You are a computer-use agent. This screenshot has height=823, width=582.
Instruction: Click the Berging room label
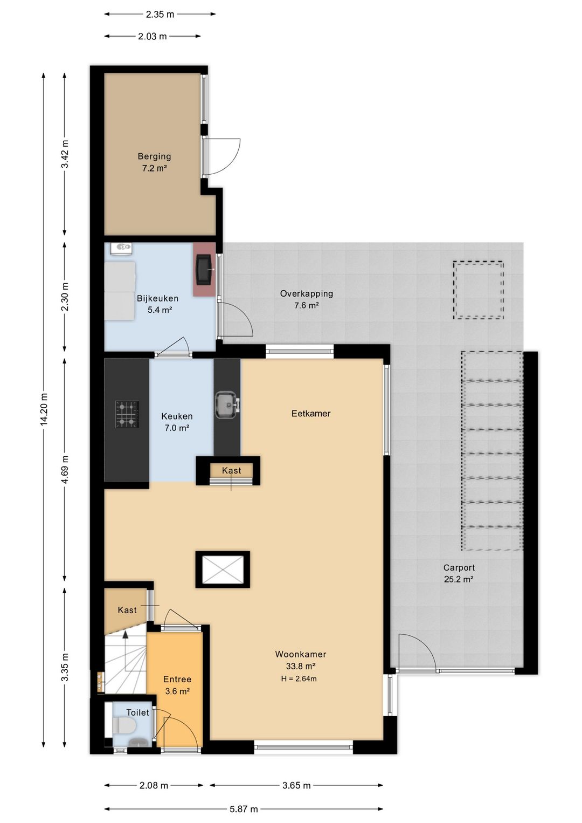154,156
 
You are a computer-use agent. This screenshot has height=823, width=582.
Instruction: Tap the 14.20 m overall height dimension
44,409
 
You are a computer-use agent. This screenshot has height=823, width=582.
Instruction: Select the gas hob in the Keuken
127,414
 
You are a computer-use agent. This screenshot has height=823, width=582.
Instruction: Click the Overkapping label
306,293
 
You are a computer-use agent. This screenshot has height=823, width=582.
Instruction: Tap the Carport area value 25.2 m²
459,579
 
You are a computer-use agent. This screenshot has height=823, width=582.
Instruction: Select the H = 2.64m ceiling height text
299,678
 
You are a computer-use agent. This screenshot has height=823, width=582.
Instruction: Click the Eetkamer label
311,413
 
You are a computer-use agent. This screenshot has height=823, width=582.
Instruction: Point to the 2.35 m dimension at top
160,15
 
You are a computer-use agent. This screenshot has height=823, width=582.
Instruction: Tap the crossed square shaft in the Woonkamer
223,569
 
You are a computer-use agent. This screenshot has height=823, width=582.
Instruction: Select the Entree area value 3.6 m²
177,691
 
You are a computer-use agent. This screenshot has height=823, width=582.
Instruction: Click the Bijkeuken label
157,298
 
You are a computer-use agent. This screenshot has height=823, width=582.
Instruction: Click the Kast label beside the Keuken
231,470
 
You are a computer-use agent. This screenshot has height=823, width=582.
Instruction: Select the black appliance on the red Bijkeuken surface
204,269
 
